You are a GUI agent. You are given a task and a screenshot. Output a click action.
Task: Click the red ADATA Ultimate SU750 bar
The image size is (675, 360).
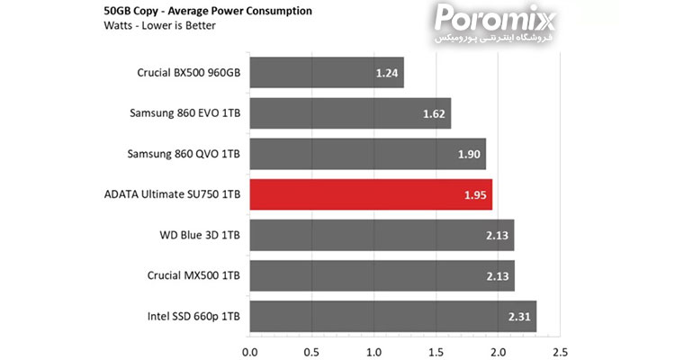pyautogui.click(x=370, y=194)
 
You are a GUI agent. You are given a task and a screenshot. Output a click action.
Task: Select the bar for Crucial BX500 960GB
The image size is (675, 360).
pyautogui.click(x=326, y=73)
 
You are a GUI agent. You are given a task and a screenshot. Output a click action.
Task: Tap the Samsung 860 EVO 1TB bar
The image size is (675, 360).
pyautogui.click(x=349, y=113)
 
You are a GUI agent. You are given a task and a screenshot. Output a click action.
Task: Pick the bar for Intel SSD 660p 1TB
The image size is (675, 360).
pyautogui.click(x=392, y=317)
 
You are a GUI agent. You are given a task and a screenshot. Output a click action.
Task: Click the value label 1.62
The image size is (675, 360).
pyautogui.click(x=434, y=113)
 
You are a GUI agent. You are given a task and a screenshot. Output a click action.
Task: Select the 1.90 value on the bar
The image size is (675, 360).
pyautogui.click(x=469, y=154)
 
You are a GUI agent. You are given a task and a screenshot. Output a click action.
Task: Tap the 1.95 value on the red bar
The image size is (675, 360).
pyautogui.click(x=475, y=194)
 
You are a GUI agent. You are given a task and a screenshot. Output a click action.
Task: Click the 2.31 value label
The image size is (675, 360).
pyautogui.click(x=520, y=317)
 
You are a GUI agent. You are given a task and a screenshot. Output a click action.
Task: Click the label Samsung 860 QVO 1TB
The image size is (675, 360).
pyautogui.click(x=184, y=154)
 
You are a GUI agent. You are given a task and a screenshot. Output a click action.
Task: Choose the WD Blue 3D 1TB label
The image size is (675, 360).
pyautogui.click(x=199, y=236)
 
